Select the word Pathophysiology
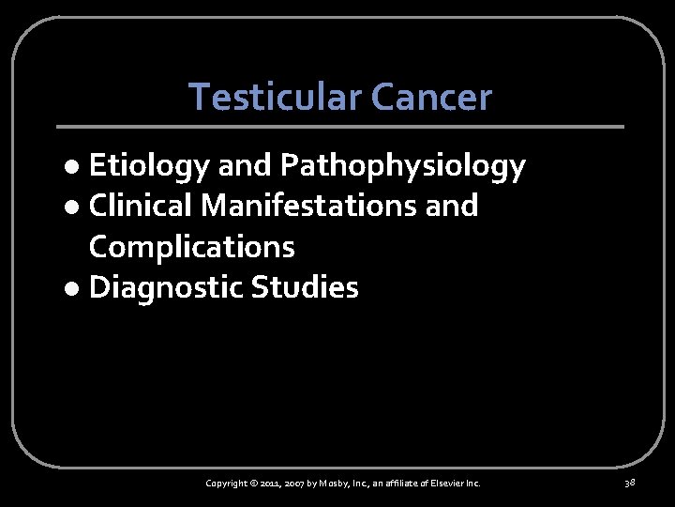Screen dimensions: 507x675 click(x=402, y=166)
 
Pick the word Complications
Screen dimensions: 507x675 click(x=191, y=246)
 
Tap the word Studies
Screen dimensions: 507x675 click(x=305, y=287)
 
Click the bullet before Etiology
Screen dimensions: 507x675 click(x=76, y=168)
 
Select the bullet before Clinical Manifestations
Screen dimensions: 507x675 click(x=76, y=207)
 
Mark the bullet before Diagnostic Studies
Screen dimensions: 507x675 click(x=76, y=289)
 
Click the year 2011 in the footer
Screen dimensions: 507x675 click(x=271, y=483)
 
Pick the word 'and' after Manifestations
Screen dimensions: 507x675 click(x=451, y=206)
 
